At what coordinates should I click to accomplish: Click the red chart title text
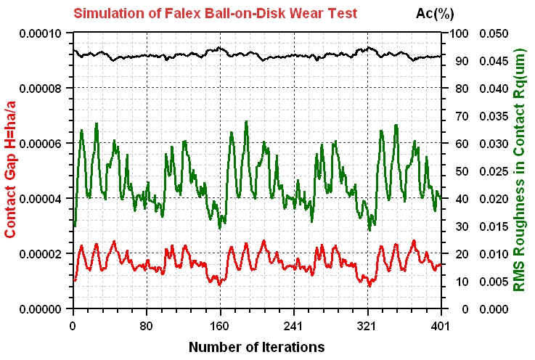point(216,13)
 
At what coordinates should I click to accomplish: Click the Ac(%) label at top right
point(435,14)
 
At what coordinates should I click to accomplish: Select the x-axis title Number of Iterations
point(256,347)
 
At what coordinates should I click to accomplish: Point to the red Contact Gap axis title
point(11,170)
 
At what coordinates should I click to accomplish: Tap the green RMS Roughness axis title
point(518,170)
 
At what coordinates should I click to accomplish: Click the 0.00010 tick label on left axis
point(40,33)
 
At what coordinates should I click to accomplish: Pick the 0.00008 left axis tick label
point(40,89)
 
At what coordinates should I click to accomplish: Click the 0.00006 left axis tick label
point(40,144)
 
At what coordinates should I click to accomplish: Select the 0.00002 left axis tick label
point(40,254)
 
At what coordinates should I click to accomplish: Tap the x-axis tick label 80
point(147,326)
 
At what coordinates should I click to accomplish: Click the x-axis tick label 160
point(220,326)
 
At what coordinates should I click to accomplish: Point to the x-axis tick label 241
point(293,326)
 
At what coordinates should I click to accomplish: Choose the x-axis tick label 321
point(367,326)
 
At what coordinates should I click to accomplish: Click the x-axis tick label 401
point(440,326)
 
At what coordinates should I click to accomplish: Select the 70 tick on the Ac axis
point(462,116)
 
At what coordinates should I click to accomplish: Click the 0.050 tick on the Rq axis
point(494,33)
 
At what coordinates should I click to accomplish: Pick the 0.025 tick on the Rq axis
point(494,171)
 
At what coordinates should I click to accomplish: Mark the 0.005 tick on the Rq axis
point(494,282)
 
